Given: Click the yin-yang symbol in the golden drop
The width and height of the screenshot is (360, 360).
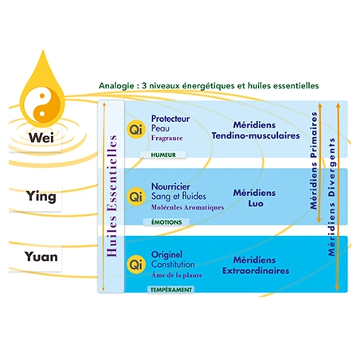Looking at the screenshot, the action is (42, 105).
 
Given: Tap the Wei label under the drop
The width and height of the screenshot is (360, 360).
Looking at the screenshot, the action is (41, 138).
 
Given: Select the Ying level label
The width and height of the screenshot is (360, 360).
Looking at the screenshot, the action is (41, 197).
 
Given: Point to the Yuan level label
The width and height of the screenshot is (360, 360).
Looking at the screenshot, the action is (41, 256).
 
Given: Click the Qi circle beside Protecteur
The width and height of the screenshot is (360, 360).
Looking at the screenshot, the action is (136, 130).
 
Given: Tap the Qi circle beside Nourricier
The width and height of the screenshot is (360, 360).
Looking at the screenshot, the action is (136, 197).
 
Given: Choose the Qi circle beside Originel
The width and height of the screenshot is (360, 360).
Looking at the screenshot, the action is (136, 264).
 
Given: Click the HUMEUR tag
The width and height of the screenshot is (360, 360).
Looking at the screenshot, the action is (163, 155).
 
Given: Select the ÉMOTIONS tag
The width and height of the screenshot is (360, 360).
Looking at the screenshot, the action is (166, 222).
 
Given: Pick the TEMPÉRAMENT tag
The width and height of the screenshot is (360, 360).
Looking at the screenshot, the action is (171, 290).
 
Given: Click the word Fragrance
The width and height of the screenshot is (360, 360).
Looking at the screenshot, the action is (167, 139).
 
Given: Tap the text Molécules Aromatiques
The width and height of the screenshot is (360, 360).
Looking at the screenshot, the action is (187, 207).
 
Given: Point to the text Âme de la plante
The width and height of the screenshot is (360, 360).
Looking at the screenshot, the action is (177, 275).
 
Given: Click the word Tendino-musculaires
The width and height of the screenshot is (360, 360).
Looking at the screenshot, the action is (256, 135).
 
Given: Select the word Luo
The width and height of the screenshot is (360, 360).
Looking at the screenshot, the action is (256, 204).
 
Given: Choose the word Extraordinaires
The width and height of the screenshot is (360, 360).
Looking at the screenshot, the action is (256, 271).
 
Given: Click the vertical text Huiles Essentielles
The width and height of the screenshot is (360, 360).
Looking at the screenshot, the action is (112, 196).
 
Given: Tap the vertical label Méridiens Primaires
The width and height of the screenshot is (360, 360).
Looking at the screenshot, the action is (314, 161).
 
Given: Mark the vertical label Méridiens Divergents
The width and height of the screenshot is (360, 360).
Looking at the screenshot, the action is (331, 197).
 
